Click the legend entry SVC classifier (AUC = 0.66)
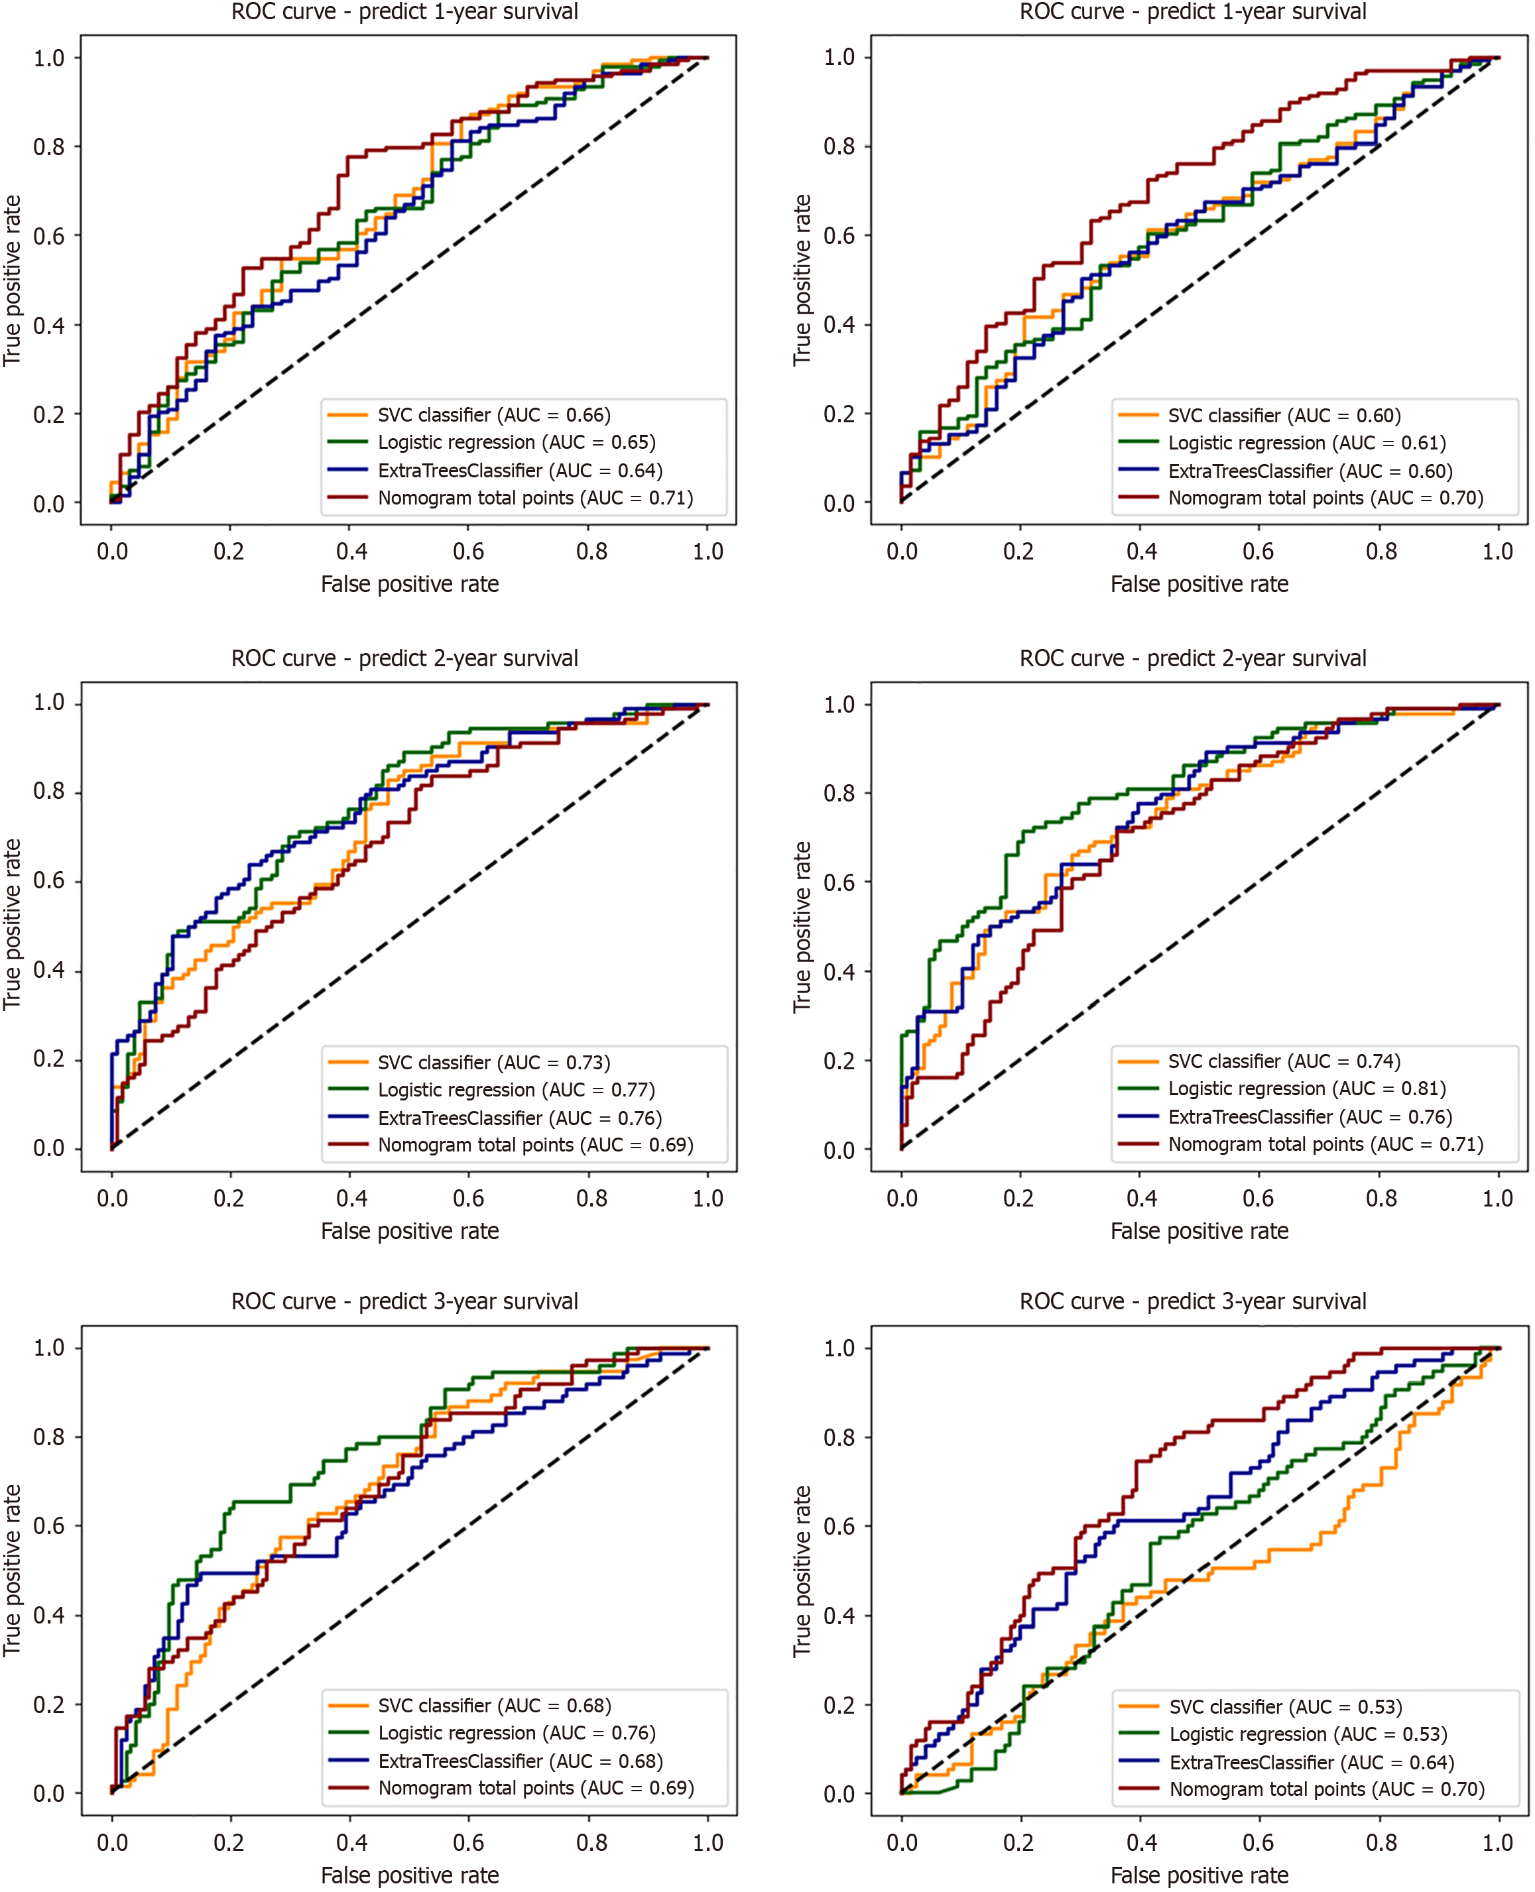pos(493,414)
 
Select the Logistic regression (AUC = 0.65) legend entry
pos(517,442)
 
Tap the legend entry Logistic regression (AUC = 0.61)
pos(1307,443)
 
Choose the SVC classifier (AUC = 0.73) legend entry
pos(493,1062)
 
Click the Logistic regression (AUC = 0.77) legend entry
pos(517,1089)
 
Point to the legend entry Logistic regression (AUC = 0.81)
pos(1307,1089)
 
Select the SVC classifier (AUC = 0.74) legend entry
pos(1284,1061)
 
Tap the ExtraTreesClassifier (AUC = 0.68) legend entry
pos(520,1761)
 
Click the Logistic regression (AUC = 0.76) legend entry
pos(517,1733)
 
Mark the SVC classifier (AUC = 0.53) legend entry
pos(1286,1706)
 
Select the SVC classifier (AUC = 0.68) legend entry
pos(494,1706)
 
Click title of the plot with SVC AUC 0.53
pos(1193,1301)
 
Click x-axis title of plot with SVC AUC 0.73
pos(409,1230)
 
